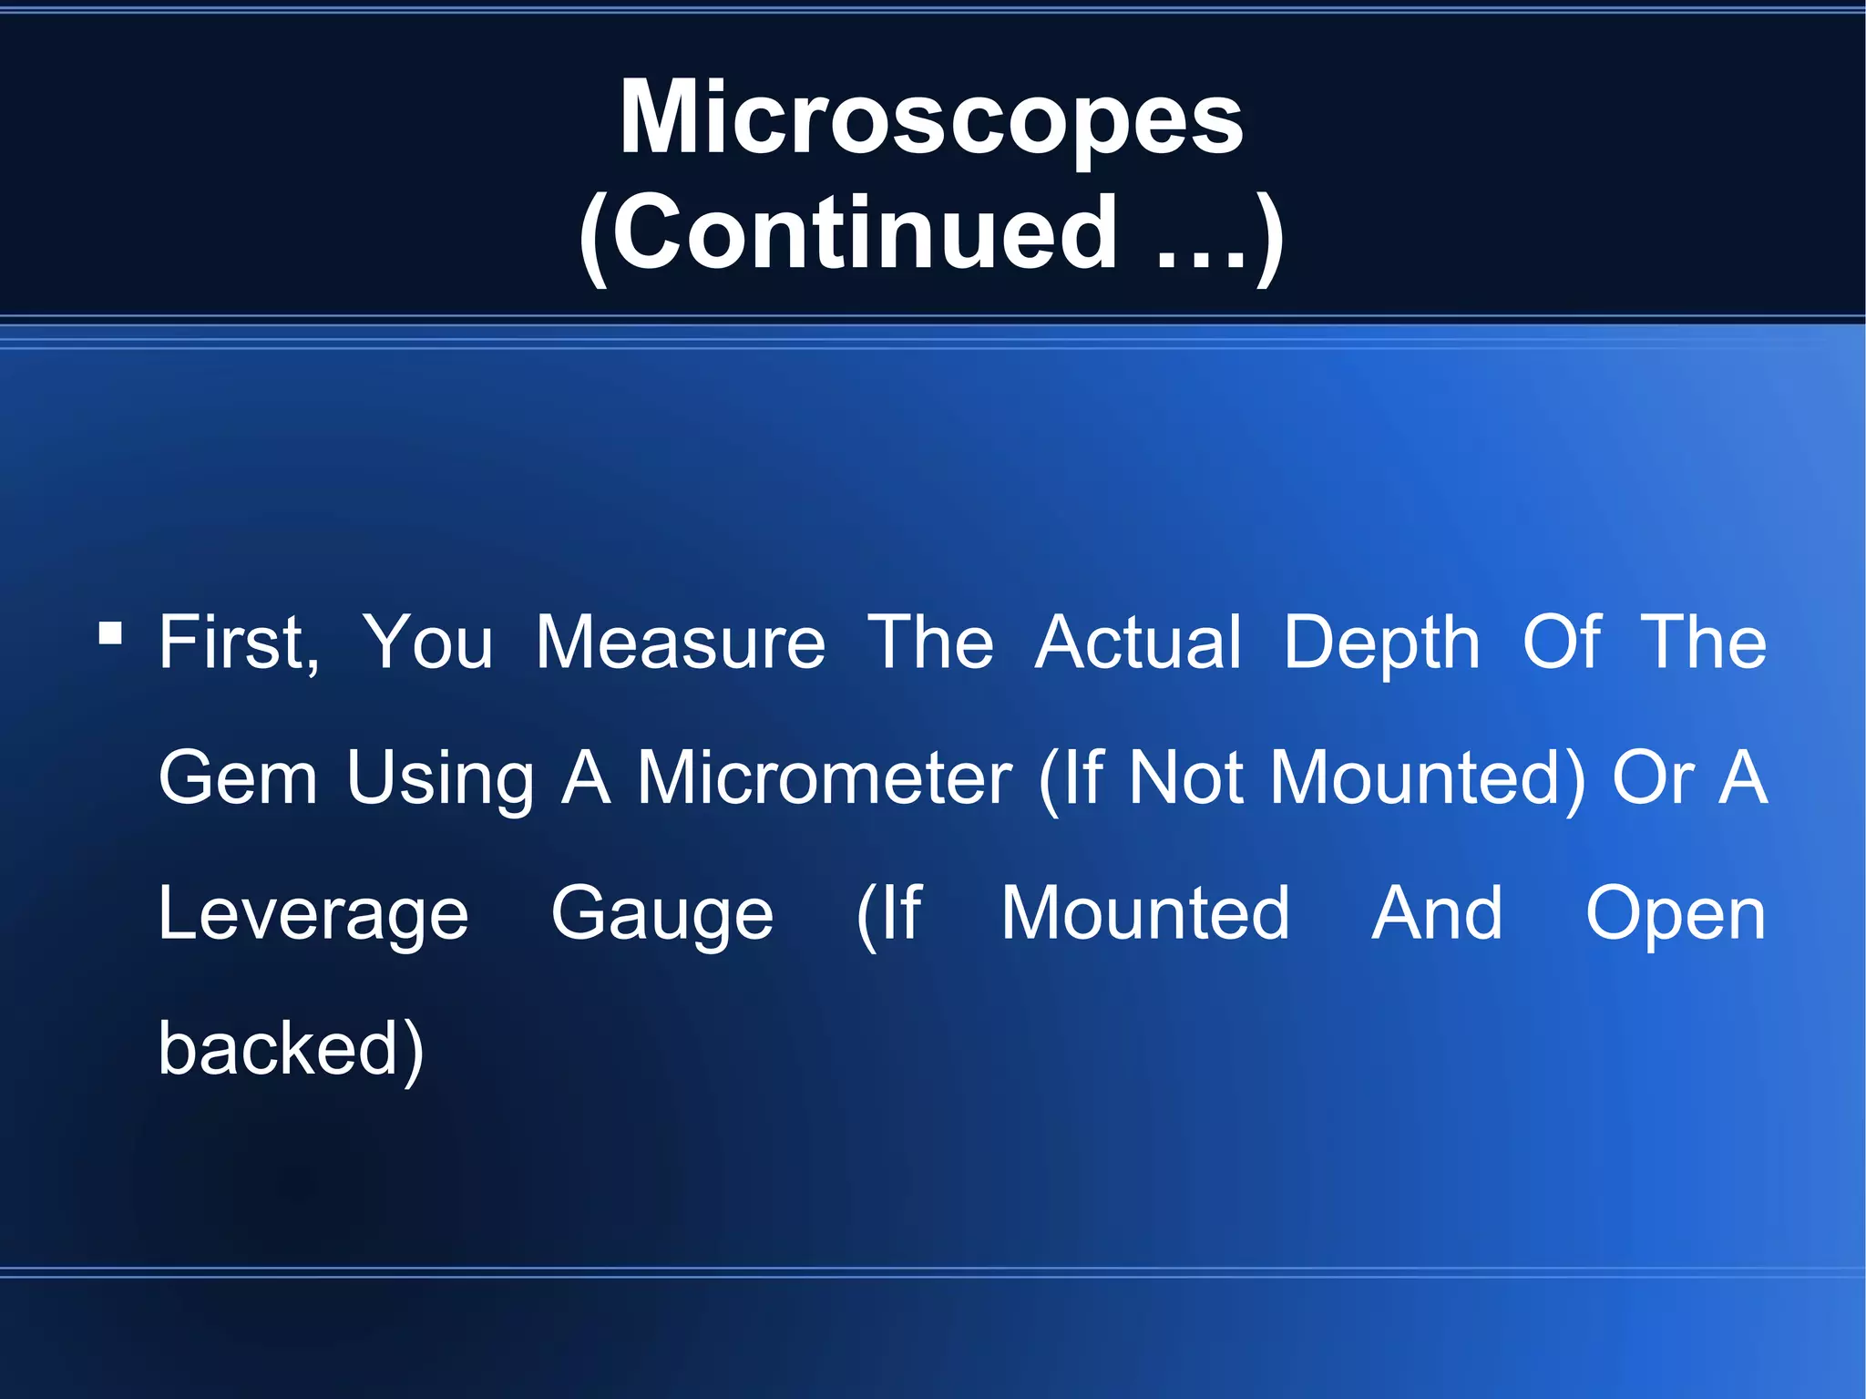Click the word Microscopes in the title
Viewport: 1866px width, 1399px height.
pos(931,118)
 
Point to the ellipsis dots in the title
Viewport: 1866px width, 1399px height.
pos(1201,260)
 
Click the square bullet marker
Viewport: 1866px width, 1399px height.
pos(110,633)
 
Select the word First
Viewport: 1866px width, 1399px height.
pos(239,643)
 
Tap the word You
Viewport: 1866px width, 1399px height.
pos(427,643)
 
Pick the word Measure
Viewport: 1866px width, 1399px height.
pos(680,643)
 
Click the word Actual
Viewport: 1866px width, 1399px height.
pos(1138,643)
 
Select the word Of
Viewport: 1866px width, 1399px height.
pos(1561,643)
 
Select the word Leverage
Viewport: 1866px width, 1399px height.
pos(313,915)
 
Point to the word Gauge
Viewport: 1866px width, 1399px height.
pos(662,915)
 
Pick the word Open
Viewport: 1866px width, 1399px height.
pos(1676,915)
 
